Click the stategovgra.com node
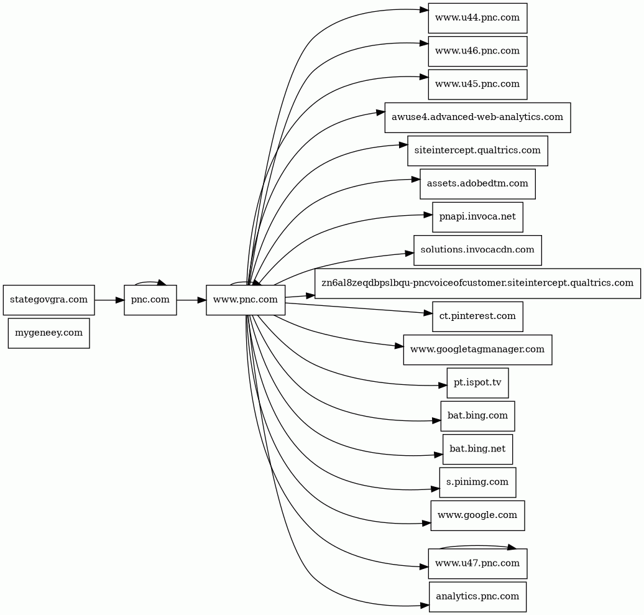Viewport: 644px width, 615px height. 49,300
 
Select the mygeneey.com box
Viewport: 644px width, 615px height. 49,333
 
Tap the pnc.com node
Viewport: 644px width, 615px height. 150,300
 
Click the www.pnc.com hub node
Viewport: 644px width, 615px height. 246,300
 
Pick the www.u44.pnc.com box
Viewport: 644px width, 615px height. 477,18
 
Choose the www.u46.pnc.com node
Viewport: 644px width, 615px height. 477,52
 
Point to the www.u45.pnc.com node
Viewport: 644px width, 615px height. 477,84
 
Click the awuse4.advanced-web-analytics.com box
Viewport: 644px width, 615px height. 477,118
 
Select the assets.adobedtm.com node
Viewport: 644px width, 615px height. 477,183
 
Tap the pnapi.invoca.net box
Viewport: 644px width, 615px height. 477,217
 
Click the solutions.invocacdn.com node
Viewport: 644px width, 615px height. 477,250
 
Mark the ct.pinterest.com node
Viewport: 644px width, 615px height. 477,317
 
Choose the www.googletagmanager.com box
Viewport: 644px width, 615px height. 477,349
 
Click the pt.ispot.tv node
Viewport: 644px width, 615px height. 477,383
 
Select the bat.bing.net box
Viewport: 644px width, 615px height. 477,449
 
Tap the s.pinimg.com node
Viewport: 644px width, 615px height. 477,483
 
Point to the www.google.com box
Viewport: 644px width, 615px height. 477,516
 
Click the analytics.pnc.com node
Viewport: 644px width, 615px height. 477,596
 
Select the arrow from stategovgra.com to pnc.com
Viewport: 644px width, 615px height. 109,300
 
